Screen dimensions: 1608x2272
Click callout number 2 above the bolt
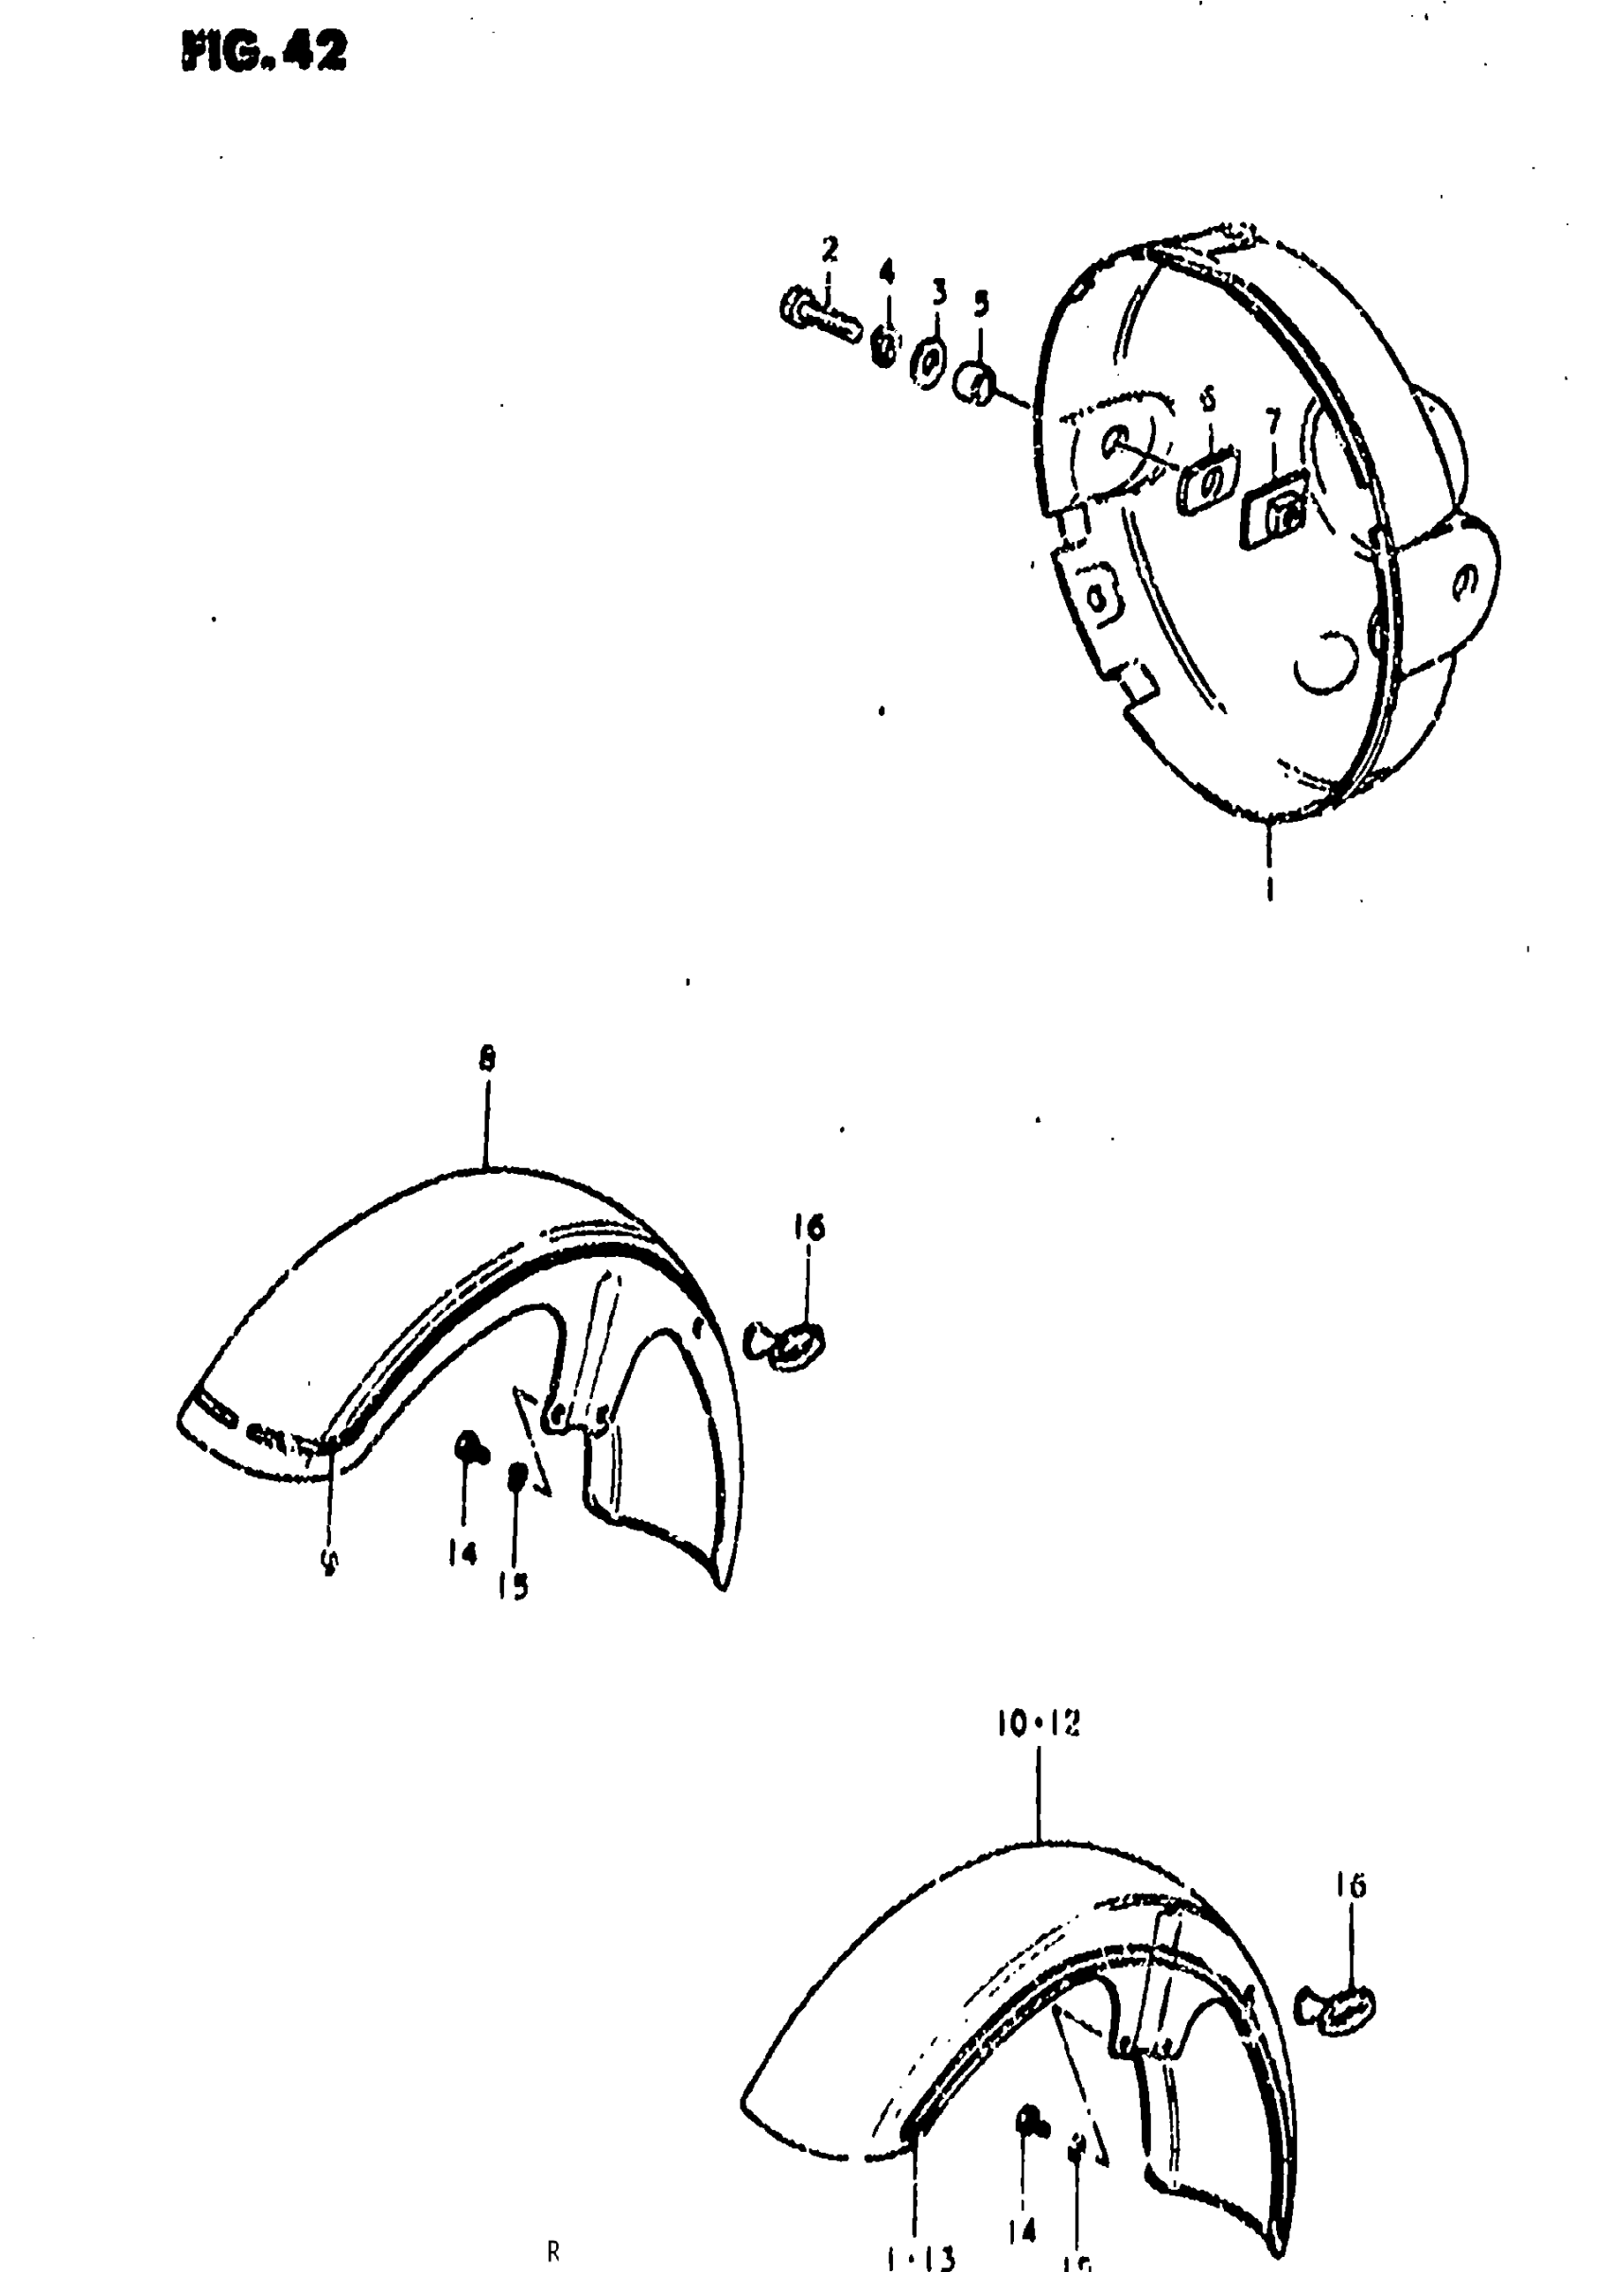point(830,248)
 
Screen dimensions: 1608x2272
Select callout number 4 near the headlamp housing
point(886,271)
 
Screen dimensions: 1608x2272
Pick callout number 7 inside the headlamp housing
point(1272,422)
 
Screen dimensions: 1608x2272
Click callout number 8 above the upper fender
point(486,1059)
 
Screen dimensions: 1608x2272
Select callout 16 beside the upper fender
point(808,1228)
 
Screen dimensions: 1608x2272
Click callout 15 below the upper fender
point(513,1587)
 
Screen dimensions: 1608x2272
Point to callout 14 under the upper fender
point(462,1553)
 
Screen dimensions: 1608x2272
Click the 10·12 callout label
point(1038,1723)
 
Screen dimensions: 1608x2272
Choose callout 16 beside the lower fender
point(1351,1886)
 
